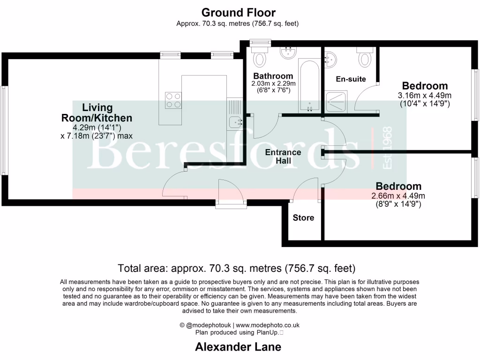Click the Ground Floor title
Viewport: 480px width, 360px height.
point(239,13)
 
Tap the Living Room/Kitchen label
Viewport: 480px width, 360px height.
point(97,113)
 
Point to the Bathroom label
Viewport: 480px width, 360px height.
point(273,76)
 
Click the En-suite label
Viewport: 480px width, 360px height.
point(351,79)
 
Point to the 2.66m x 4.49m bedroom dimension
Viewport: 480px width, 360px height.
point(398,200)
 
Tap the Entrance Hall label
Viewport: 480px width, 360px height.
point(283,157)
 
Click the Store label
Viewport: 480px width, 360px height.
point(303,218)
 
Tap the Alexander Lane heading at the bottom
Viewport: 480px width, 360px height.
point(238,347)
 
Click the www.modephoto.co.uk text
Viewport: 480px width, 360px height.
point(268,325)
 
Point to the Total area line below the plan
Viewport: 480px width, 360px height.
point(237,269)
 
